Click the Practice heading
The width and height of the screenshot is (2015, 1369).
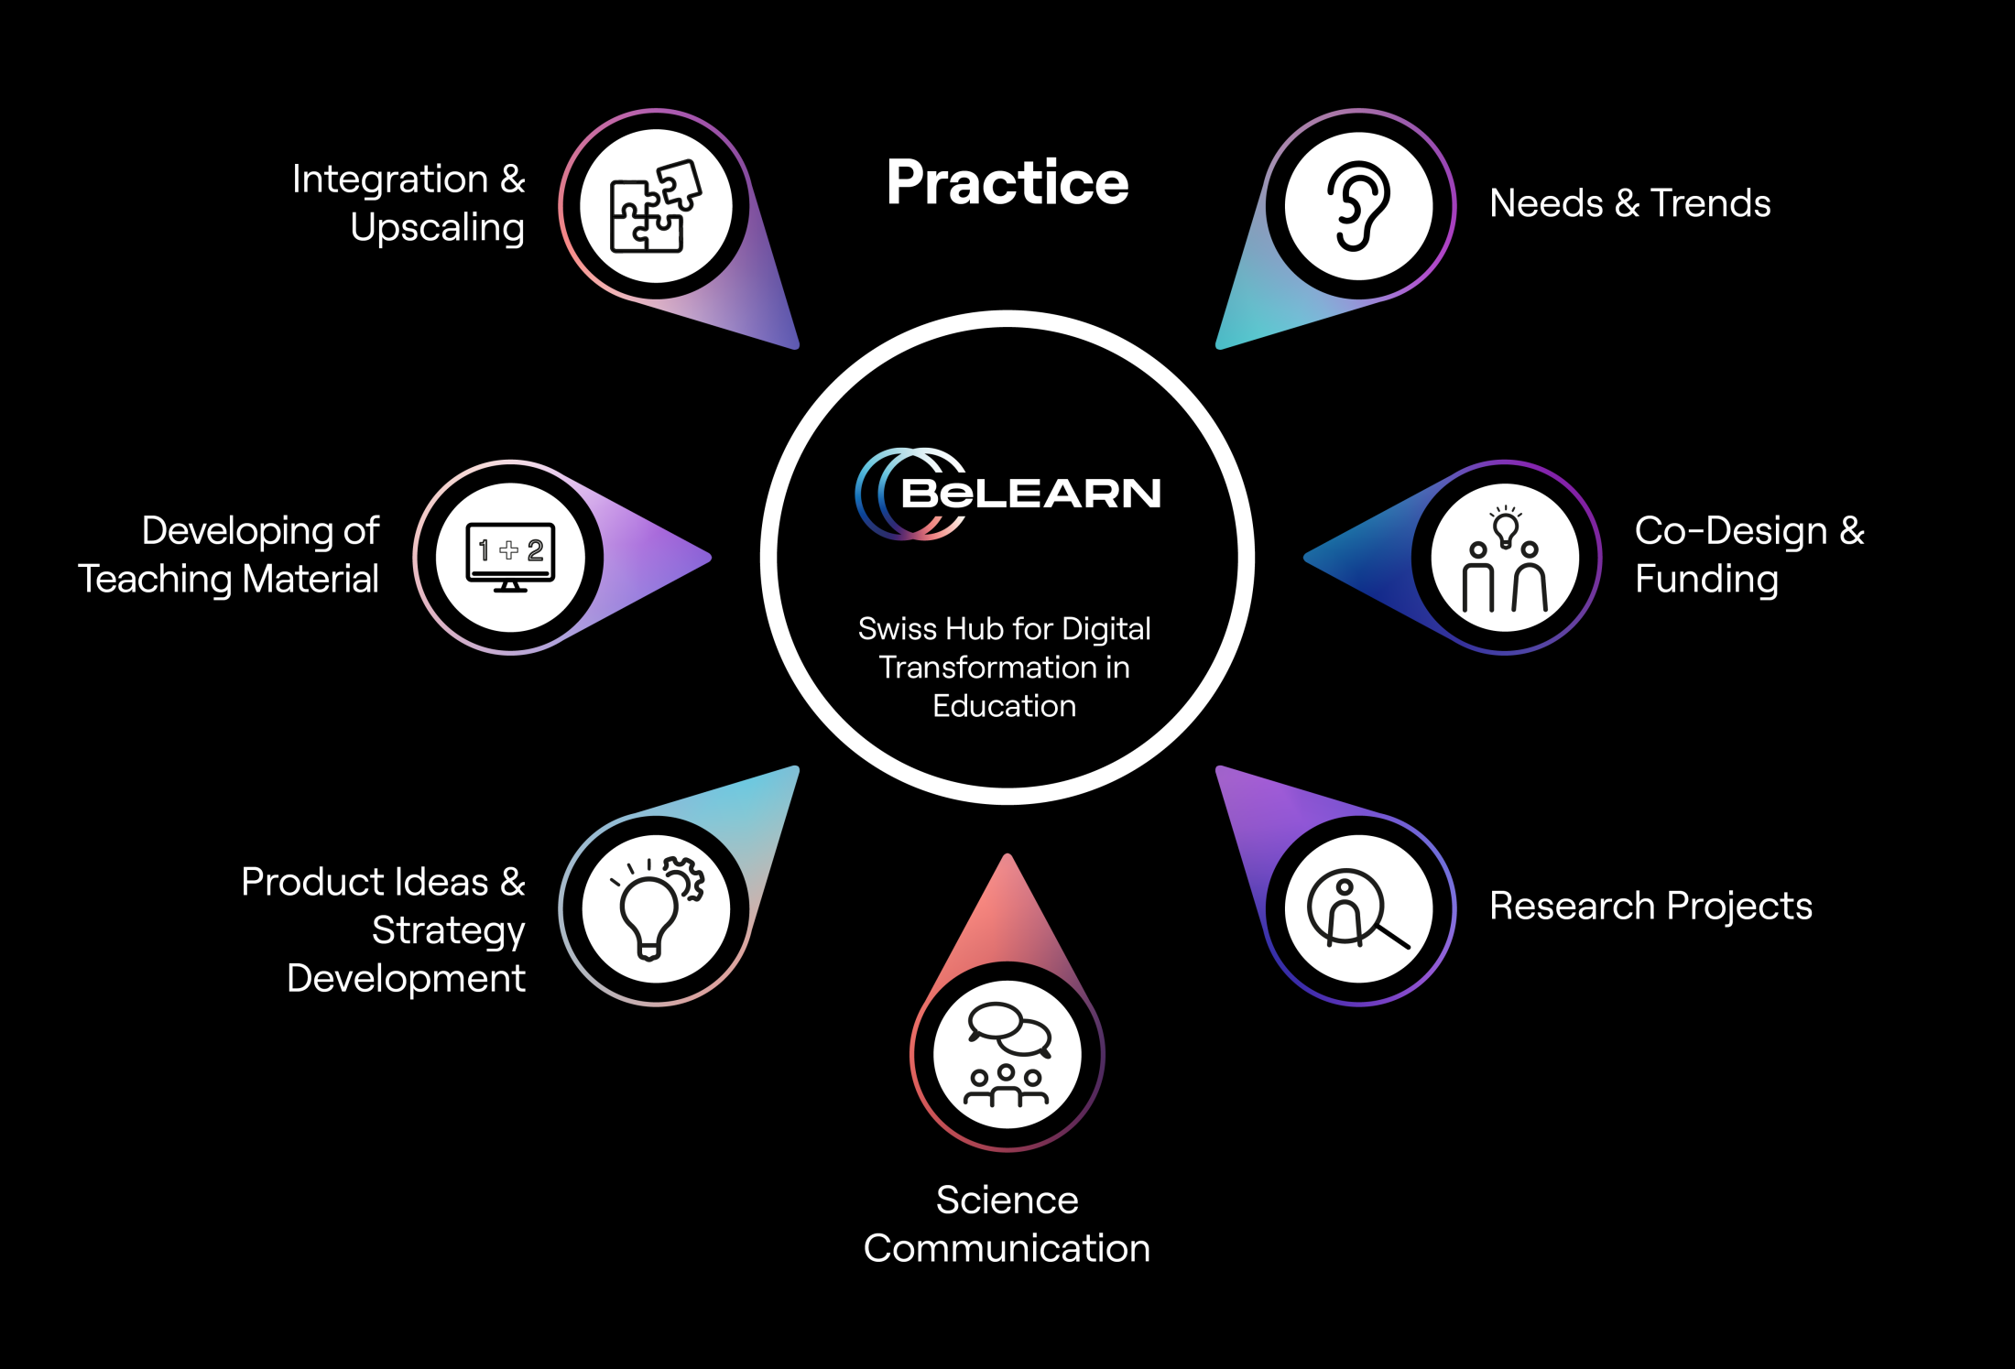pyautogui.click(x=1007, y=182)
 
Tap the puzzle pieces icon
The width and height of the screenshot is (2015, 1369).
pyautogui.click(x=655, y=206)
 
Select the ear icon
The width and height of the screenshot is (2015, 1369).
pyautogui.click(x=1358, y=206)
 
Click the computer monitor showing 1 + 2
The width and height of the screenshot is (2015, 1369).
pyautogui.click(x=510, y=557)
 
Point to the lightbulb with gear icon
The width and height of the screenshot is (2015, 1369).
pyautogui.click(x=657, y=908)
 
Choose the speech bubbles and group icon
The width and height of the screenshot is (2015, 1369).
pyautogui.click(x=1007, y=1054)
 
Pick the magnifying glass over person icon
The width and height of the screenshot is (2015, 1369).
pyautogui.click(x=1358, y=908)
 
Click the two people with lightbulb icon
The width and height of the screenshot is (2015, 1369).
pyautogui.click(x=1505, y=559)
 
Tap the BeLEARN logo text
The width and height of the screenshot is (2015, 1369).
pyautogui.click(x=1030, y=494)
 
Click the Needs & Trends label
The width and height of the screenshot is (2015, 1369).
pyautogui.click(x=1629, y=203)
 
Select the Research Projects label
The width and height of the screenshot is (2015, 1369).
pyautogui.click(x=1650, y=906)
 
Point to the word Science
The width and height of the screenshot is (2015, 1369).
pyautogui.click(x=1007, y=1200)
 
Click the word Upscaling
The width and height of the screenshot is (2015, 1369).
pyautogui.click(x=437, y=228)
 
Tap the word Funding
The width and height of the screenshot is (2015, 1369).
pyautogui.click(x=1706, y=580)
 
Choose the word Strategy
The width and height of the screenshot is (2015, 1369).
pyautogui.click(x=448, y=930)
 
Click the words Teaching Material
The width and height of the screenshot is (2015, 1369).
pyautogui.click(x=228, y=580)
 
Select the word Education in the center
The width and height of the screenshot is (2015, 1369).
pyautogui.click(x=1004, y=706)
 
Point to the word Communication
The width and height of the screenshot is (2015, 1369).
pyautogui.click(x=1007, y=1248)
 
